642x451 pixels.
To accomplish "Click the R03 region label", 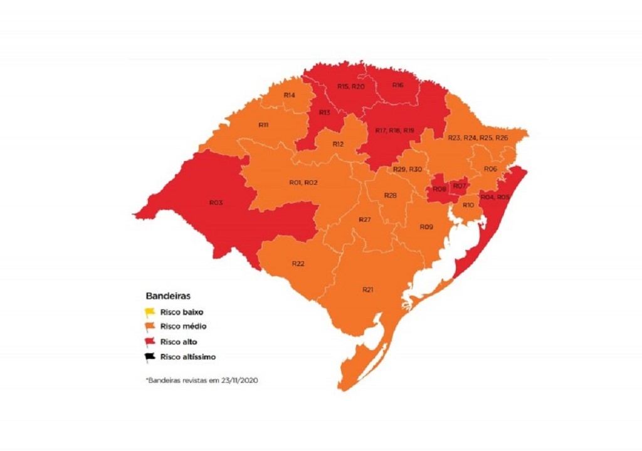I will pos(216,202).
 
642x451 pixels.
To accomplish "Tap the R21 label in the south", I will pos(368,289).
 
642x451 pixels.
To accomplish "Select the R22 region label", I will pos(298,264).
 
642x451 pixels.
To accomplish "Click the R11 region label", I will pos(264,125).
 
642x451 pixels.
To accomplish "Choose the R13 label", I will pos(324,112).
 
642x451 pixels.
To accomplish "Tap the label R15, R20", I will pos(350,86).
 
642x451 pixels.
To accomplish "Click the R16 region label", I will pos(397,85).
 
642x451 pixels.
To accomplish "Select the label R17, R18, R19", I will pos(395,130).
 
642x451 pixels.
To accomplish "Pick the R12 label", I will pos(339,144).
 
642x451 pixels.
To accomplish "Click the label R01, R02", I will pos(303,182).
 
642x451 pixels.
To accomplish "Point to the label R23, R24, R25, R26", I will pos(478,137).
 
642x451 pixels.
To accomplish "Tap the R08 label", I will pos(439,189).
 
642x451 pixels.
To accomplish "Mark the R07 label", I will pos(460,186).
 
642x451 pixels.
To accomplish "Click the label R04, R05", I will pos(495,197).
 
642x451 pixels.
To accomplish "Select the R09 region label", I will pos(426,226).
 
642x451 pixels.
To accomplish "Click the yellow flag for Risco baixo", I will pos(150,311).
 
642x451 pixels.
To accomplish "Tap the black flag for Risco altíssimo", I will pos(150,356).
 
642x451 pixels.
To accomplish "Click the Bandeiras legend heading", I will pos(168,294).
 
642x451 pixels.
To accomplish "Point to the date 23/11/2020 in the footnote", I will pos(239,380).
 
